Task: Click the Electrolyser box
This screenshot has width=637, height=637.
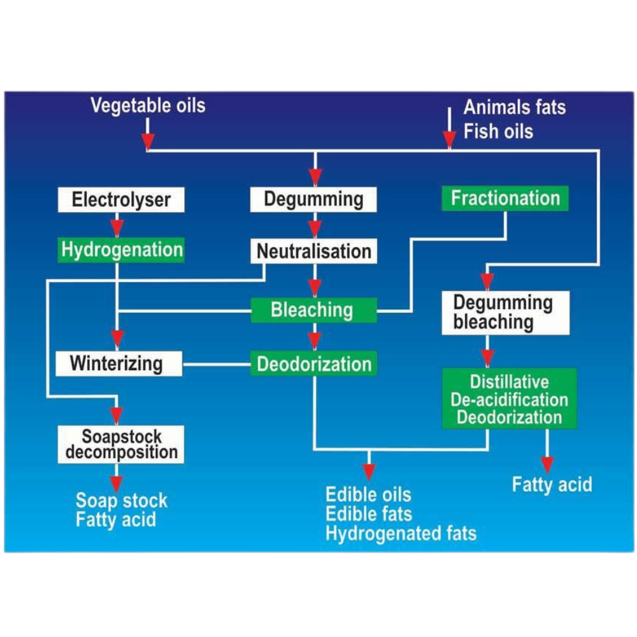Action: coord(121,200)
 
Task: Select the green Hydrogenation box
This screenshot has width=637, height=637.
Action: coord(121,249)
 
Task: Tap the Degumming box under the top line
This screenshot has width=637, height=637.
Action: coord(313,199)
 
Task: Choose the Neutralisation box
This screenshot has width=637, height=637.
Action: coord(313,251)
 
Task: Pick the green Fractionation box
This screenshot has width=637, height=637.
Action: coord(505,198)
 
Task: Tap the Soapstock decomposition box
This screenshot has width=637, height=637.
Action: coord(121,444)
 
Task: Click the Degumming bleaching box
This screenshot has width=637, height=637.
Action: coord(505,313)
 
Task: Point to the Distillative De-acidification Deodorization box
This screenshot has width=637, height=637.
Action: coord(509,399)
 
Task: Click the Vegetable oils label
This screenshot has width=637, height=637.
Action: coord(148,105)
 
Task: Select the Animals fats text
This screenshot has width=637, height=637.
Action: coord(514,106)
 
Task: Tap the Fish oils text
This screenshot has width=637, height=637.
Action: coord(498,131)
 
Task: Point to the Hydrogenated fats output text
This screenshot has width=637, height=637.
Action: coord(401,533)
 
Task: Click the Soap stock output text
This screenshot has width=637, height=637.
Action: coord(121,500)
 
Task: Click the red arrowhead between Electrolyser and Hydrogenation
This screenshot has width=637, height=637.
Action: coord(117,227)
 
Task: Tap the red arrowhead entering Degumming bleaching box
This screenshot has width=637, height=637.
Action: coord(487,281)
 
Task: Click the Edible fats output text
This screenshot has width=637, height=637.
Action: coord(369,513)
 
